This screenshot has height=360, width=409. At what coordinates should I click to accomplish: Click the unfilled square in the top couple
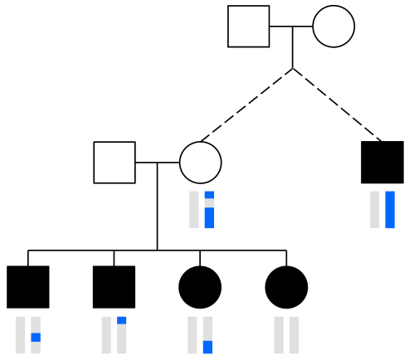coord(249,27)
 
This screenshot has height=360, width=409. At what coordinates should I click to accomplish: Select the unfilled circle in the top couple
coord(334,27)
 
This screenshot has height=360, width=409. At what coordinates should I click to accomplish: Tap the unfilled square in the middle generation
coord(114,162)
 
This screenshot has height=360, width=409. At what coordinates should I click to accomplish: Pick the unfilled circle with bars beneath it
coord(200,162)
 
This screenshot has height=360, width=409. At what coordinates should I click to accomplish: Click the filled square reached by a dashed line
coord(382,162)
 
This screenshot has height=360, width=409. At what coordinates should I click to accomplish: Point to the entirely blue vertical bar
coord(390,209)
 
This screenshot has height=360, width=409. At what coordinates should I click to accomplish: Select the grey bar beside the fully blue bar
coord(375,209)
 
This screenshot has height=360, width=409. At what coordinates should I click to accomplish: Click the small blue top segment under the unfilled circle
coord(209,195)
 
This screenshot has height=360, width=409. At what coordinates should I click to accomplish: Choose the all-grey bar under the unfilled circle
coord(194,209)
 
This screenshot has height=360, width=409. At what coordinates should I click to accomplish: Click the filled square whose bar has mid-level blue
coord(28,287)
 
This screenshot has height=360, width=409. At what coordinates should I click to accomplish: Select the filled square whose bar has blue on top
coord(114,287)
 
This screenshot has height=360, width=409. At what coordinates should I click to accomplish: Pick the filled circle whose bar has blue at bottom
coord(200,287)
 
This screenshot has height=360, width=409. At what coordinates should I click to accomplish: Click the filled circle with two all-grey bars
coord(286,287)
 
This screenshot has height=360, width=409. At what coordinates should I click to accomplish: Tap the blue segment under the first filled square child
coord(36,337)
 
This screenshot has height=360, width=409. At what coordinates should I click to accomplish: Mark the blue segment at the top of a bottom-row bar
coord(122,320)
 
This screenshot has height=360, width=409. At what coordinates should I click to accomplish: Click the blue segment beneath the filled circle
coord(208,347)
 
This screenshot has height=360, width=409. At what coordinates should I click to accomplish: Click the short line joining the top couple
coord(291,27)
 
